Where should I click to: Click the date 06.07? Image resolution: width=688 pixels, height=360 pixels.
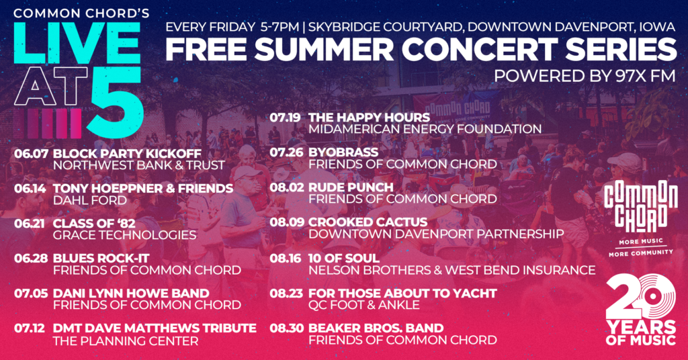coord(30,153)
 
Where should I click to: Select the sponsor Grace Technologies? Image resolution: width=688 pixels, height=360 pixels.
coord(124,235)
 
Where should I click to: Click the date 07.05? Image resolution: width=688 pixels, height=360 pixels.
coord(30,293)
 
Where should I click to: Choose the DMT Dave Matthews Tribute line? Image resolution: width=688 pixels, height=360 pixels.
coord(155,328)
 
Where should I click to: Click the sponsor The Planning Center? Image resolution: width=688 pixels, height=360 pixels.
coord(125,341)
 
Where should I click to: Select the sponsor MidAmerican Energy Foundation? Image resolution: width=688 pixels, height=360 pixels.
coord(425,129)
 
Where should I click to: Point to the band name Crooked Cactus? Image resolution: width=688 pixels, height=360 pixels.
coord(368,222)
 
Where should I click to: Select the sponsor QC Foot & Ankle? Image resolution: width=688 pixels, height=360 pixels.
coord(363,305)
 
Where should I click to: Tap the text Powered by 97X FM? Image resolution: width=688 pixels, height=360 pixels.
coord(585,76)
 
